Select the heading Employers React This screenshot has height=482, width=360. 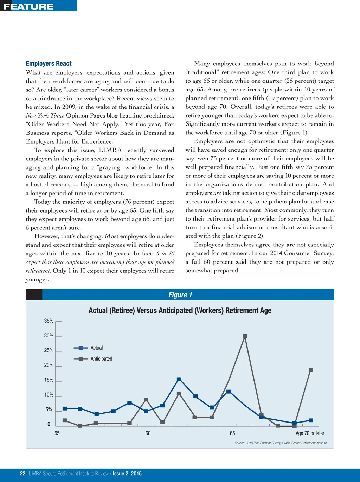click(49, 63)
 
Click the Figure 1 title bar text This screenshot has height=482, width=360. click(180, 295)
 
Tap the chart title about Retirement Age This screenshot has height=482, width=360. click(180, 310)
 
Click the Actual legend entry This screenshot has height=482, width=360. click(97, 348)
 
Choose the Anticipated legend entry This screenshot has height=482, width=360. click(101, 359)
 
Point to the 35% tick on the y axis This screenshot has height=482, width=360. click(49, 321)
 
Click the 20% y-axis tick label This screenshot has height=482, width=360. click(49, 365)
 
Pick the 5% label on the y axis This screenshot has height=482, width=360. click(49, 410)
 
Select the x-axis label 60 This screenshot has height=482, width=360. click(148, 433)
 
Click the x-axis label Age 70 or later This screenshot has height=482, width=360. click(310, 433)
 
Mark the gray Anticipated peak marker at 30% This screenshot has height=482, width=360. click(245, 336)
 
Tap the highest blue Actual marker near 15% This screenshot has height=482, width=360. click(179, 379)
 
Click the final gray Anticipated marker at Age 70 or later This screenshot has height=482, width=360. click(311, 370)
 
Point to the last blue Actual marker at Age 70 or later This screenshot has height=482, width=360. click(311, 420)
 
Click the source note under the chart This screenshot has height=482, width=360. click(281, 443)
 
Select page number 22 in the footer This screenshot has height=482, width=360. click(23, 474)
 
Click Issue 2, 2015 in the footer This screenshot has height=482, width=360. click(127, 474)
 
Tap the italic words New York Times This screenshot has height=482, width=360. click(45, 115)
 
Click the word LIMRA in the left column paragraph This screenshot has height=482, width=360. click(110, 150)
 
